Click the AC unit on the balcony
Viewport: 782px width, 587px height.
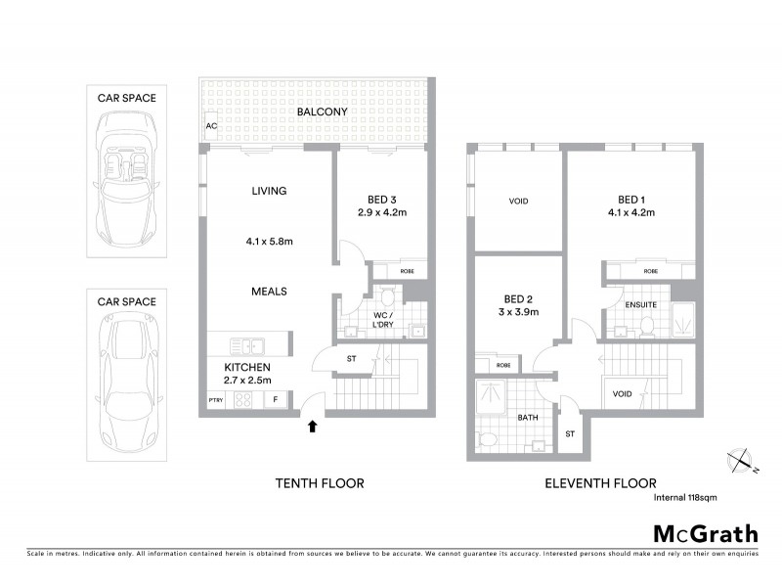210,127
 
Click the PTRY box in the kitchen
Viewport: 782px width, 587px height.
215,399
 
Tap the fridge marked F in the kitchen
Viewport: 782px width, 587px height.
277,399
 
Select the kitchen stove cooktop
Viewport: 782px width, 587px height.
244,398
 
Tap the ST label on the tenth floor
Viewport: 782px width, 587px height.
351,359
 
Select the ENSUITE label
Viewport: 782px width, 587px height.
640,305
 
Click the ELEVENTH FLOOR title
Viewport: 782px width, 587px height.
601,483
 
